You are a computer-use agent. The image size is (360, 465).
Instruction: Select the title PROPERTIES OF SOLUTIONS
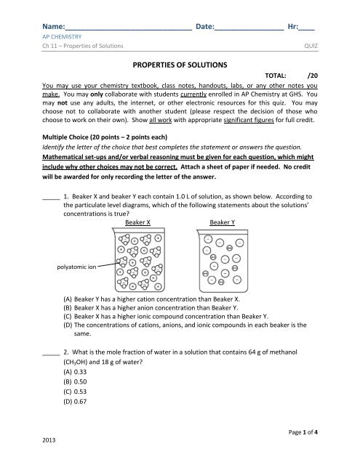tap(179, 64)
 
